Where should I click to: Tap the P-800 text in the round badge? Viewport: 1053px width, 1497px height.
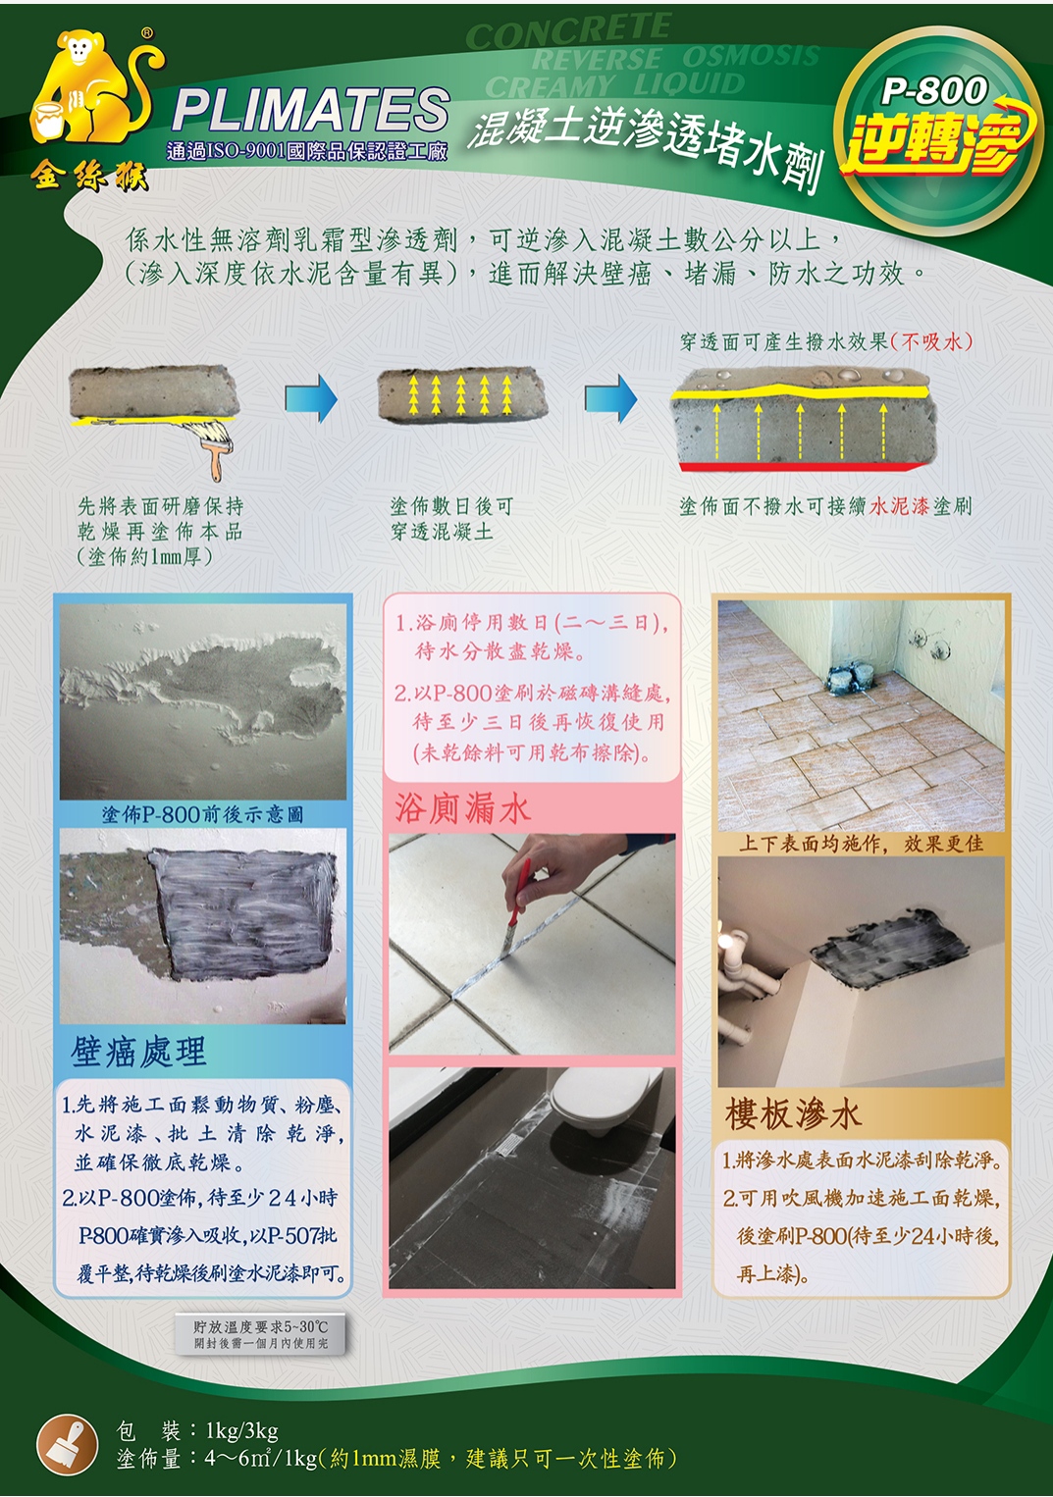(934, 91)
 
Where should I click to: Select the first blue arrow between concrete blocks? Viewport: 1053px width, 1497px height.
(311, 398)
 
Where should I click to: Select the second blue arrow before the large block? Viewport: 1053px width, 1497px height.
(610, 398)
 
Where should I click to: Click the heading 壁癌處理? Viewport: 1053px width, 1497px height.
(139, 1052)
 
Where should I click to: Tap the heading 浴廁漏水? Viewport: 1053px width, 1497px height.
(462, 808)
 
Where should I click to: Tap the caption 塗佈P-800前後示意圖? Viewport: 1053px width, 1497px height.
(202, 814)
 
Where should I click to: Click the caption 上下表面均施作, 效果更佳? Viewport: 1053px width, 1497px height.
(861, 844)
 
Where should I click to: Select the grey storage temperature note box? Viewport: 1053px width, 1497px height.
(260, 1336)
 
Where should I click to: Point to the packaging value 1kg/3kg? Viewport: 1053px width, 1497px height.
(242, 1431)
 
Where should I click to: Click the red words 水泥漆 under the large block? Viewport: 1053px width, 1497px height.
(899, 506)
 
